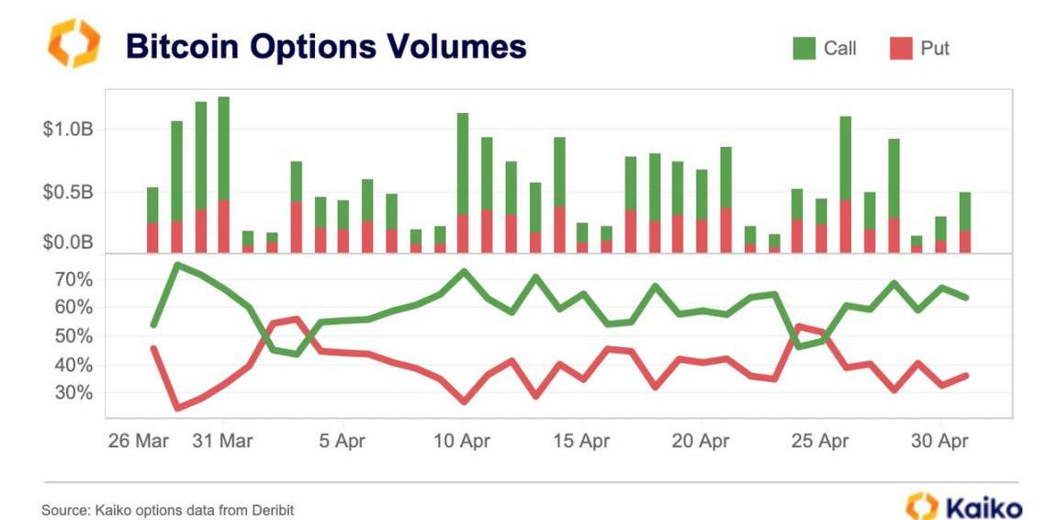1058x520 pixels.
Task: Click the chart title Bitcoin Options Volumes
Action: click(x=326, y=46)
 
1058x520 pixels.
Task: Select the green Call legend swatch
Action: click(x=804, y=49)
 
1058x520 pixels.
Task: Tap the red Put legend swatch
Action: click(x=901, y=49)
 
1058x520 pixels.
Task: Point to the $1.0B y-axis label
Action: click(x=67, y=130)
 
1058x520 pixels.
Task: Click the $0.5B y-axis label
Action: click(x=67, y=193)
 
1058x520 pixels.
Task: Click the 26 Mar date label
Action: click(x=139, y=441)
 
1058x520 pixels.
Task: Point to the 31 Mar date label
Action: click(x=223, y=441)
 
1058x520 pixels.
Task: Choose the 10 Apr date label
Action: click(x=462, y=441)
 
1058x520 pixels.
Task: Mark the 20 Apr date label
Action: click(x=701, y=441)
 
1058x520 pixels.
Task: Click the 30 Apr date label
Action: click(x=939, y=441)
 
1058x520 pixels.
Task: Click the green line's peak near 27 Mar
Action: click(x=176, y=265)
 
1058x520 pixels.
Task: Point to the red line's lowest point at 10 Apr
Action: click(x=463, y=401)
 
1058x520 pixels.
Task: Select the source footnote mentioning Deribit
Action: click(x=168, y=509)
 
